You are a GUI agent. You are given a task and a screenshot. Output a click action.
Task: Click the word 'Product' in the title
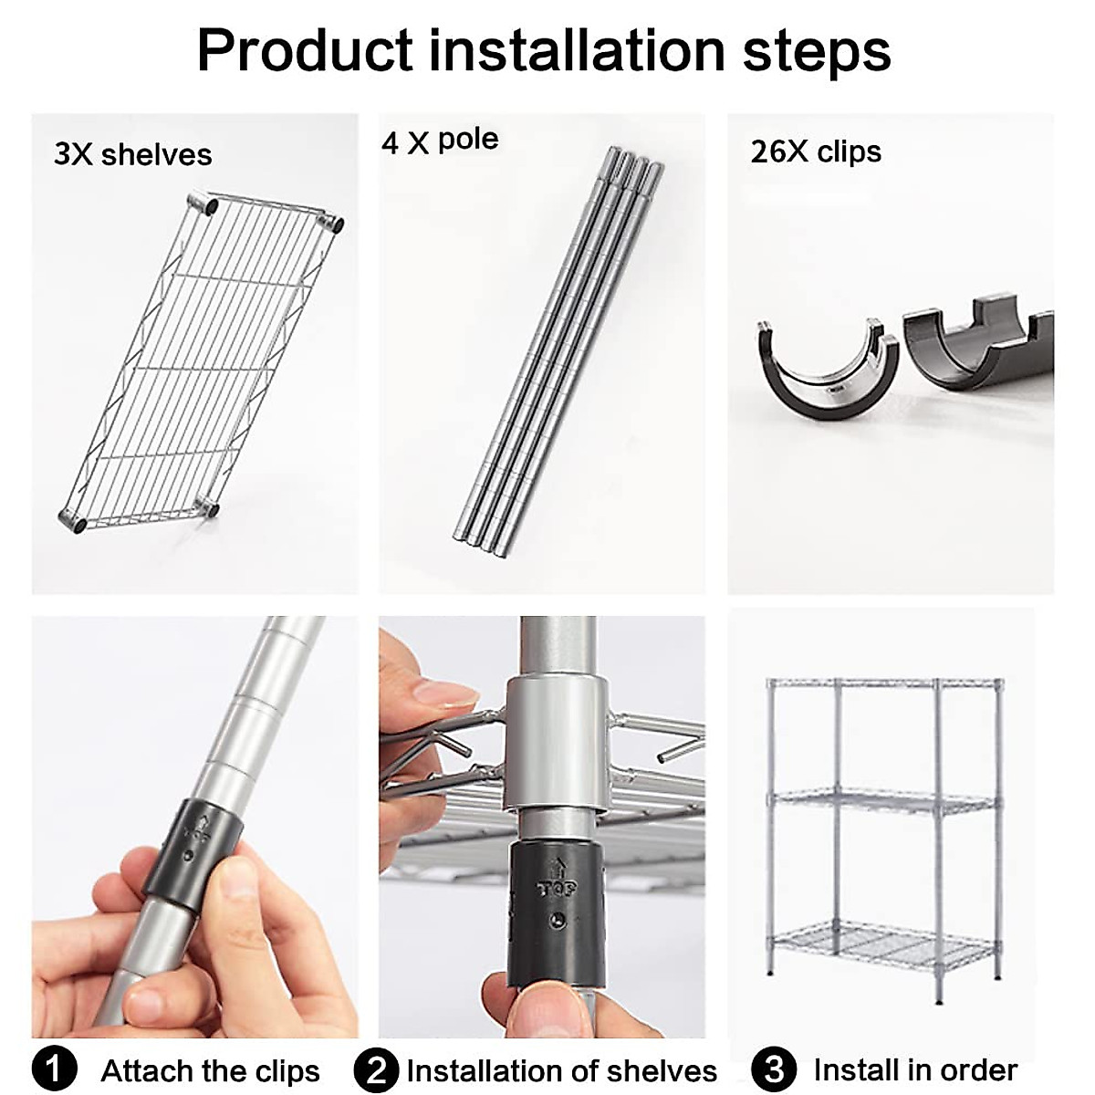[x=307, y=51]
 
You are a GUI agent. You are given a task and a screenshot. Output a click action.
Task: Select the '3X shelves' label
[x=132, y=154]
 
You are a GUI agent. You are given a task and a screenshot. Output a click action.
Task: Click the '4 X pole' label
[x=440, y=141]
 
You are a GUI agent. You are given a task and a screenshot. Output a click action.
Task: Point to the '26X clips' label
[x=816, y=151]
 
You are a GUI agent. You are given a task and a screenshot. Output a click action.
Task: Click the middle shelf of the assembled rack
[x=883, y=803]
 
